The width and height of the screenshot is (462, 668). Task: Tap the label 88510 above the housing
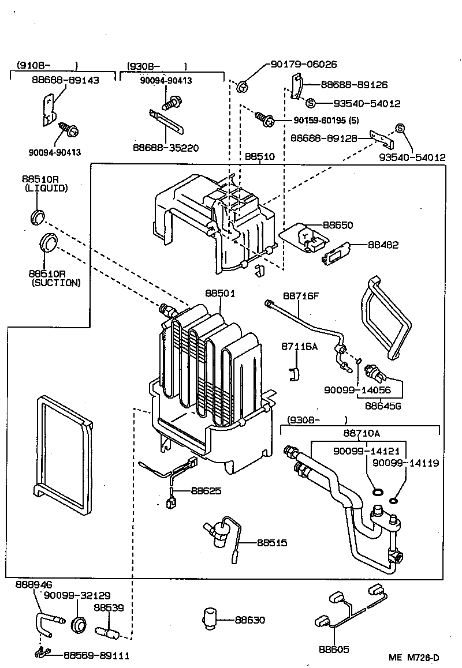260,156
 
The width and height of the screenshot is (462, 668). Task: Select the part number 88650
338,224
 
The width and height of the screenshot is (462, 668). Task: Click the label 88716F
300,296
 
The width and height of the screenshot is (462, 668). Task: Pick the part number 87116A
300,346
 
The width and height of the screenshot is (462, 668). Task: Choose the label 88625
206,491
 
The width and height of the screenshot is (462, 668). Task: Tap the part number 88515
272,543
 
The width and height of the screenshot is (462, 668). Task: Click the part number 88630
250,620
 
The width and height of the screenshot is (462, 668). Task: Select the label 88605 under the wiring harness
334,650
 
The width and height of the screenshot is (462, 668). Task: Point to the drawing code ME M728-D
414,658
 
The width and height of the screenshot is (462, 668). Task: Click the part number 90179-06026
304,65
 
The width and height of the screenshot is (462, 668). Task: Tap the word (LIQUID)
46,188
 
